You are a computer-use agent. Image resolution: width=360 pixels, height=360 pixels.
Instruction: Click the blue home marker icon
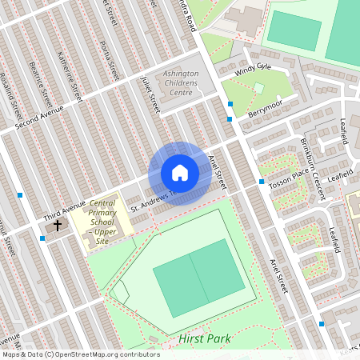[x=180, y=173]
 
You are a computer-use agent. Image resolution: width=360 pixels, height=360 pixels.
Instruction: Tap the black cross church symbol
[x=57, y=226]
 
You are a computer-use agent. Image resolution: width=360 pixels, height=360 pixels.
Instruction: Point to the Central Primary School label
[x=102, y=222]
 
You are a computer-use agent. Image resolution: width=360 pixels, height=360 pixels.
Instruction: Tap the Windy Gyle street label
[x=252, y=72]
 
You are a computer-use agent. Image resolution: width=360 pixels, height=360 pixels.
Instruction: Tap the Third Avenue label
[x=64, y=212]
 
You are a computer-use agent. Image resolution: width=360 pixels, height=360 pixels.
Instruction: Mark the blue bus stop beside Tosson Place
[x=261, y=182]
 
